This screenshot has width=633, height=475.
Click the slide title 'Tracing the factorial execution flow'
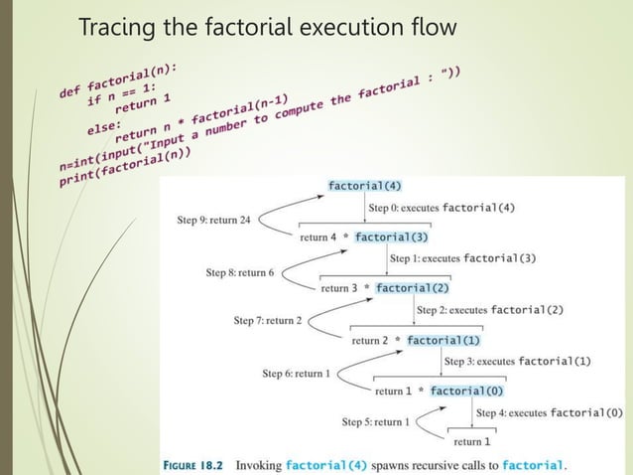pyautogui.click(x=267, y=27)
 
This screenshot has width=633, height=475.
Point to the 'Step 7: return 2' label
pyautogui.click(x=267, y=321)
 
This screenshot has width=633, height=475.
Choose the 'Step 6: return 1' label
pyautogui.click(x=296, y=374)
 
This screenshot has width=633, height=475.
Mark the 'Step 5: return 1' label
pyautogui.click(x=372, y=422)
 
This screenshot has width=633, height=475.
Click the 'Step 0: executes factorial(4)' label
pyautogui.click(x=442, y=208)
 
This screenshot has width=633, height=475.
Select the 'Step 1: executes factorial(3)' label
pyautogui.click(x=463, y=258)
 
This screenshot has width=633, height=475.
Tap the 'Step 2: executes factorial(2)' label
pyautogui.click(x=490, y=310)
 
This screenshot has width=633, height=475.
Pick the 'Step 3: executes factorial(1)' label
pyautogui.click(x=517, y=361)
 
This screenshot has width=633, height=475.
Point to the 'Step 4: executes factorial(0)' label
pyautogui.click(x=550, y=412)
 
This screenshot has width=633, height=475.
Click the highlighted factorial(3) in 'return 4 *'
pyautogui.click(x=391, y=237)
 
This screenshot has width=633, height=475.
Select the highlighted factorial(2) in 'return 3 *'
pyautogui.click(x=413, y=288)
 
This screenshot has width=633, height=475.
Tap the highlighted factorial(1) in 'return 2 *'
pyautogui.click(x=443, y=340)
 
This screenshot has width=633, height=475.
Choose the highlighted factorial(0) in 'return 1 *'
pyautogui.click(x=467, y=391)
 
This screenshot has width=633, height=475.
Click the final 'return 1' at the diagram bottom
pyautogui.click(x=472, y=441)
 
